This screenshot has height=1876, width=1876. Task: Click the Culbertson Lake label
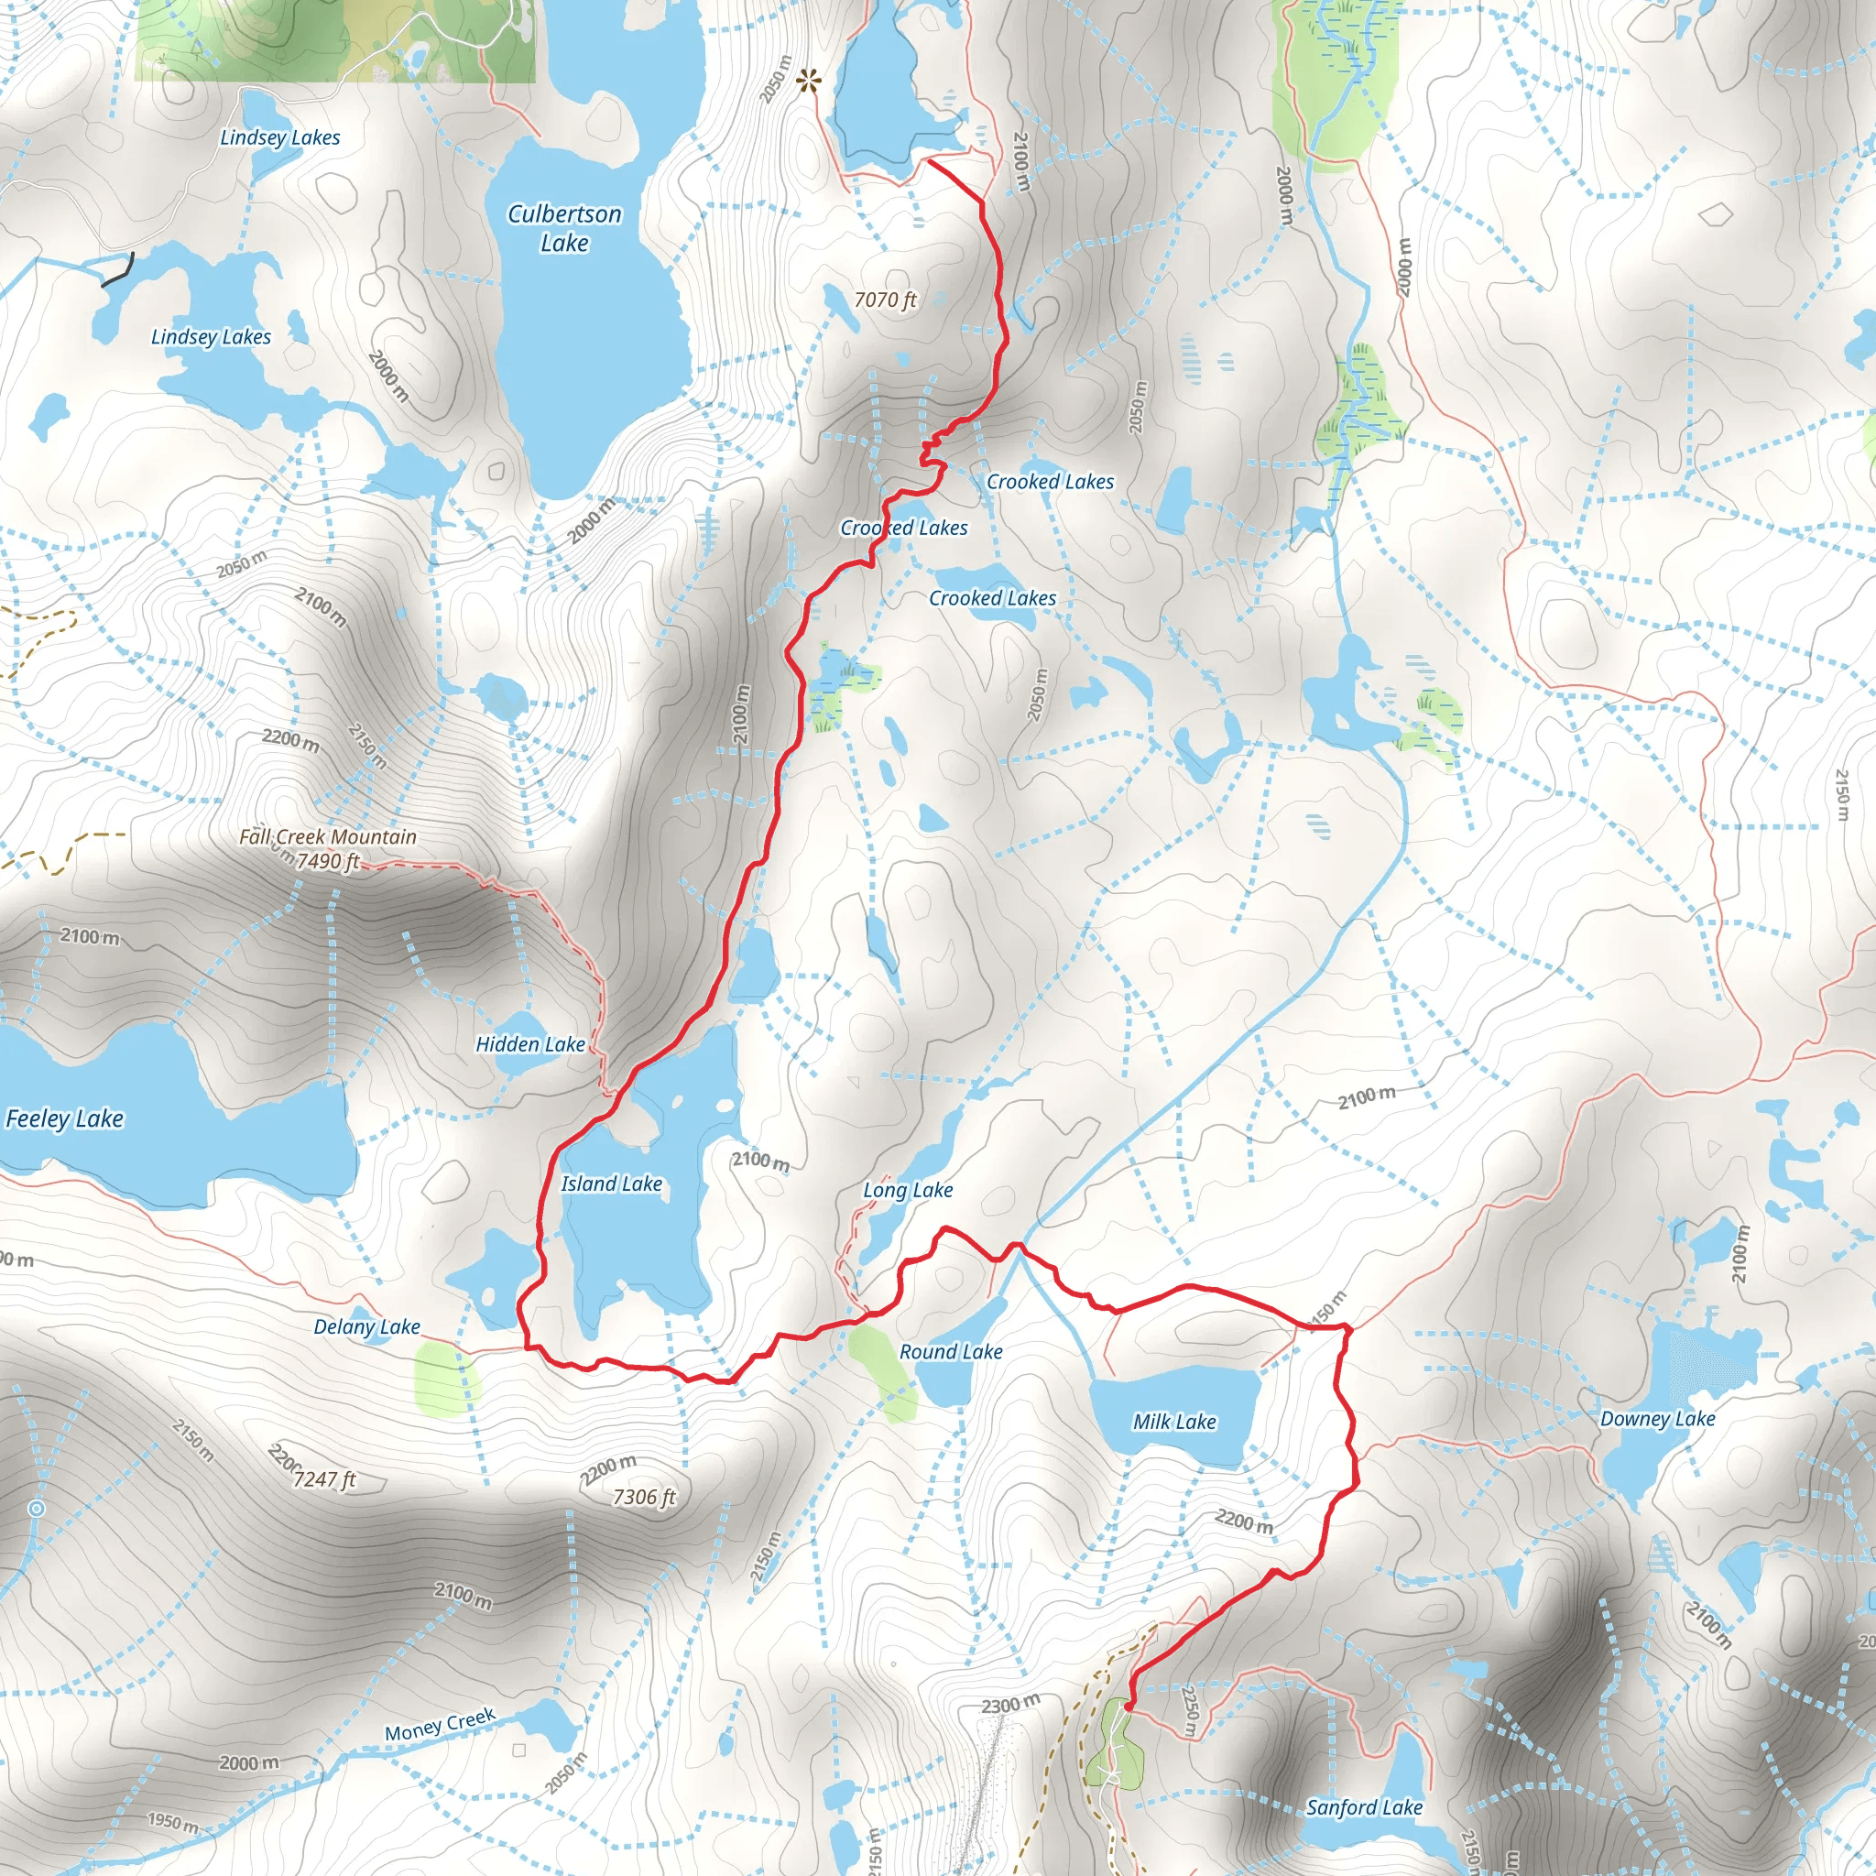(x=564, y=228)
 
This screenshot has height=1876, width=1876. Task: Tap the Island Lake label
(x=612, y=1183)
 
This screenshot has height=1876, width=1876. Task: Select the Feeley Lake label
(x=65, y=1118)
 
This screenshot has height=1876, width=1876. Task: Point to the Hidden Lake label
(x=530, y=1044)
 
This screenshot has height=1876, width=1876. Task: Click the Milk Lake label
(x=1175, y=1422)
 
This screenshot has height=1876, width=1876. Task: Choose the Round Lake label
(x=951, y=1352)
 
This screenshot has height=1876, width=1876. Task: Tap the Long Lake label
(x=908, y=1190)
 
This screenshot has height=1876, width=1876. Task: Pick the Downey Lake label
(x=1657, y=1419)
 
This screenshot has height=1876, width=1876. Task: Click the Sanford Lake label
(x=1364, y=1807)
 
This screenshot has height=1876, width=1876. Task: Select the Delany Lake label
(x=367, y=1326)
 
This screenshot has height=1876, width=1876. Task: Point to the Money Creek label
(x=440, y=1726)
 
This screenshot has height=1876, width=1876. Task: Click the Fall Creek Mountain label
(x=328, y=836)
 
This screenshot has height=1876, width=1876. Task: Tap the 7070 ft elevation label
(x=885, y=300)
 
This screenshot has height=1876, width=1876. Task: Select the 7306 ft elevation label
(x=644, y=1497)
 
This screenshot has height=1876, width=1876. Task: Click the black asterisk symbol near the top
(x=808, y=82)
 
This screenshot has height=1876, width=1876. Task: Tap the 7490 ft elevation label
(x=328, y=861)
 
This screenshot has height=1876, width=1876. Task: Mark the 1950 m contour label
(x=173, y=1822)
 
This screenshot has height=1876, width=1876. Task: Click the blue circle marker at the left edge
(x=37, y=1508)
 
